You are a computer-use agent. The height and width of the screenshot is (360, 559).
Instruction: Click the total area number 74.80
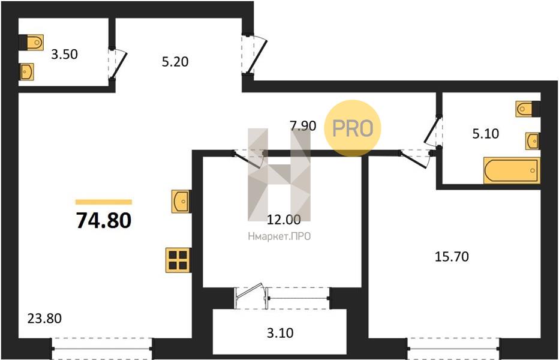coord(104,220)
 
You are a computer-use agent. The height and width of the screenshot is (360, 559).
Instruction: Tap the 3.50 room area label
coord(64,54)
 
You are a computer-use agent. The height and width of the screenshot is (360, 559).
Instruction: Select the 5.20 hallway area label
coord(175,62)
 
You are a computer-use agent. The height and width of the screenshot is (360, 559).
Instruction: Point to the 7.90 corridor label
coord(303,125)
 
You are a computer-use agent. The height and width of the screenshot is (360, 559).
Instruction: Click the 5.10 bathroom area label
coord(486,134)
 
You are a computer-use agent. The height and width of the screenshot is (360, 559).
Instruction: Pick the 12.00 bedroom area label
coord(284,220)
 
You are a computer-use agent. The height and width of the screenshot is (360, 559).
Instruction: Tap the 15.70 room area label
coord(452,257)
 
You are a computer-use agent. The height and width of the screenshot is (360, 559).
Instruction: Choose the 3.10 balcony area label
coord(280,333)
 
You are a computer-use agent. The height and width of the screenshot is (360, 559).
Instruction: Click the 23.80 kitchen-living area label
coord(44,318)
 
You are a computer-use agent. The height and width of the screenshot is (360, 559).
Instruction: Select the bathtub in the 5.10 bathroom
coord(512,170)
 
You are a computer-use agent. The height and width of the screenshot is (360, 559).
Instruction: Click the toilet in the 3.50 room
coord(31,43)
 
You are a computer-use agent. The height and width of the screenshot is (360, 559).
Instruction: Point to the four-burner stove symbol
coord(178,260)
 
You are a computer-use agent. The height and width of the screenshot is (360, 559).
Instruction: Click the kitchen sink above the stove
coord(181,202)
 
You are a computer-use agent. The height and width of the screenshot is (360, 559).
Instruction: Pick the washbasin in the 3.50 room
coord(27,72)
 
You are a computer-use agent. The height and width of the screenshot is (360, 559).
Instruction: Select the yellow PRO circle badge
coord(352,128)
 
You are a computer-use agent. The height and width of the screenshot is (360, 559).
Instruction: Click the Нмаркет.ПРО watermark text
coord(279,236)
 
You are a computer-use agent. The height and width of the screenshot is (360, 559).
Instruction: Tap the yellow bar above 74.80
coord(104,202)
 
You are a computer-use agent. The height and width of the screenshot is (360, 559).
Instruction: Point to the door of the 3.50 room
coord(118,64)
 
